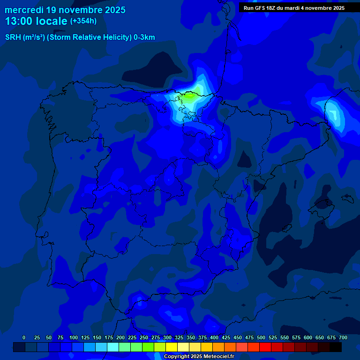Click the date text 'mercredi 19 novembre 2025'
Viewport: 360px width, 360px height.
pyautogui.click(x=65, y=10)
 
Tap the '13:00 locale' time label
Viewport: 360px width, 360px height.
pyautogui.click(x=36, y=21)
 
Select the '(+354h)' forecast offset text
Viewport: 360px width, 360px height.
pyautogui.click(x=83, y=21)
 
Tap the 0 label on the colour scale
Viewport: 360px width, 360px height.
pyautogui.click(x=24, y=337)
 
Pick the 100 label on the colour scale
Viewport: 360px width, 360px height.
pyautogui.click(x=73, y=337)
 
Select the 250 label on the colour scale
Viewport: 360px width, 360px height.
pyautogui.click(x=143, y=337)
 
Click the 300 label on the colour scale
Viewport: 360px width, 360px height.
pyautogui.click(x=167, y=337)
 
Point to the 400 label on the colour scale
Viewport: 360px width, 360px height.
pyautogui.click(x=214, y=337)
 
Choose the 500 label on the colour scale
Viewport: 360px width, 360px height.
pyautogui.click(x=261, y=337)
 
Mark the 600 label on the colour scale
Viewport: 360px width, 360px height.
pyautogui.click(x=308, y=337)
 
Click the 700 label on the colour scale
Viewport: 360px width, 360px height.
pyautogui.click(x=343, y=337)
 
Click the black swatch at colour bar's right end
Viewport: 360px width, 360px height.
pyautogui.click(x=336, y=347)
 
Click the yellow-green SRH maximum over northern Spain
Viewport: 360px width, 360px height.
pyautogui.click(x=190, y=97)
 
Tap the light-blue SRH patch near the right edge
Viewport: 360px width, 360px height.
pyautogui.click(x=333, y=113)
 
